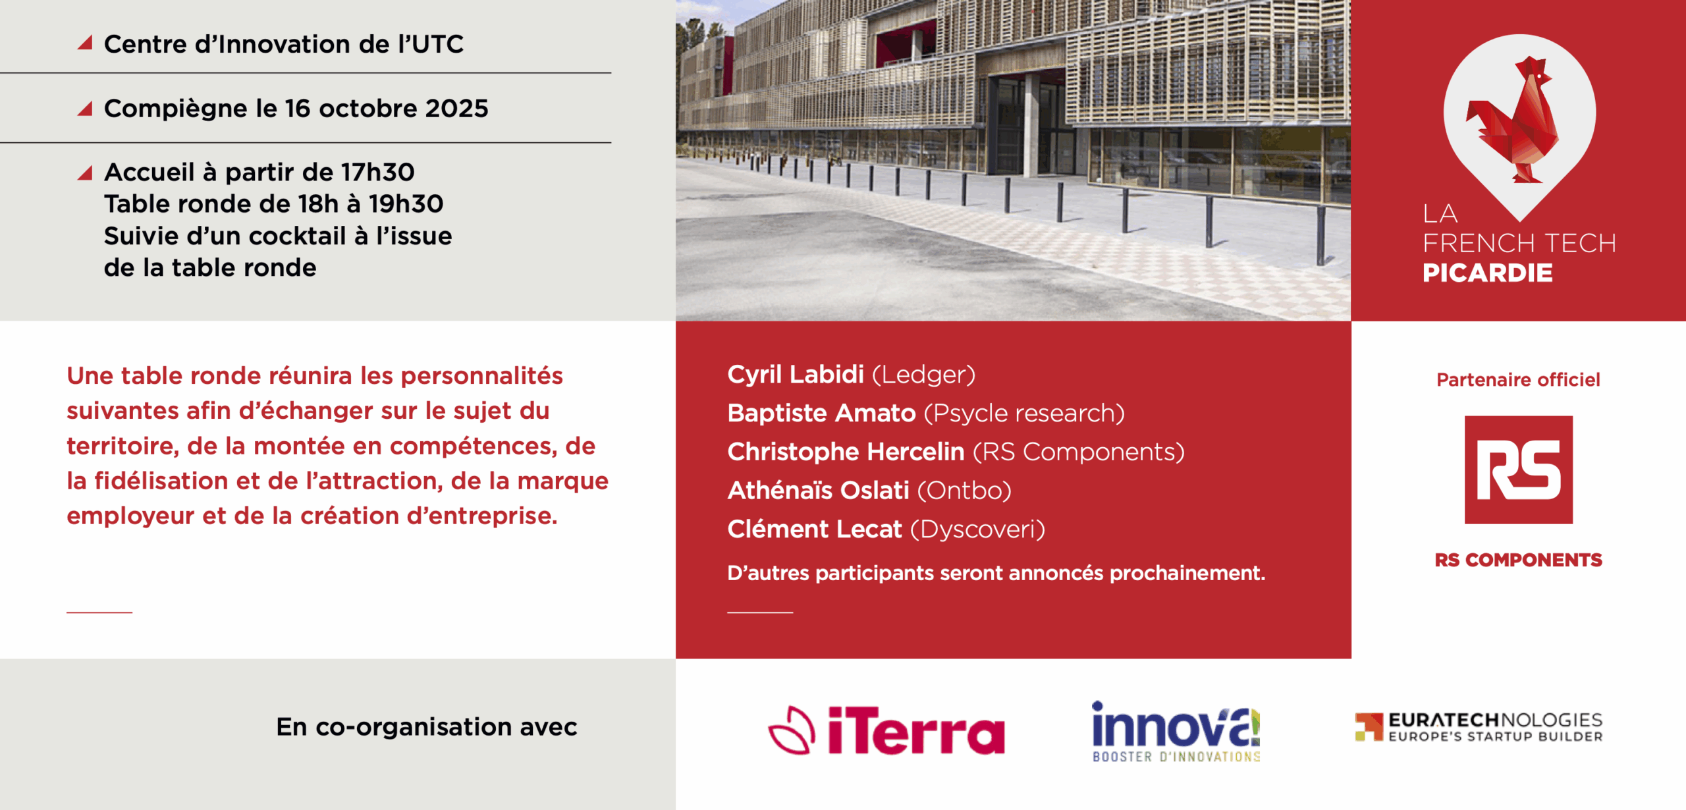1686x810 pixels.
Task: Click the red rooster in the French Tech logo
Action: tap(1515, 122)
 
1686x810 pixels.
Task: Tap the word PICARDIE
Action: tap(1487, 273)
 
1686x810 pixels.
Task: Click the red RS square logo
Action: tap(1518, 470)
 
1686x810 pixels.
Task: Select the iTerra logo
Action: tap(886, 730)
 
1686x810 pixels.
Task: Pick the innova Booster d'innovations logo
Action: tap(1176, 732)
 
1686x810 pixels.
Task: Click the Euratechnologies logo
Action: tap(1479, 727)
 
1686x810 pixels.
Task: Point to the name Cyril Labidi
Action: tap(795, 374)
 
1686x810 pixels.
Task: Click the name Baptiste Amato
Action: tap(821, 413)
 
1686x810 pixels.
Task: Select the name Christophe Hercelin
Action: tap(846, 452)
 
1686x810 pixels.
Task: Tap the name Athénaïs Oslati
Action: tap(818, 491)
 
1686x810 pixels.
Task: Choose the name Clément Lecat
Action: tap(814, 529)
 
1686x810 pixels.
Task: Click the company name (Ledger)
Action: tap(923, 375)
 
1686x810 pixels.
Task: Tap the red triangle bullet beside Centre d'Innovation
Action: tap(85, 42)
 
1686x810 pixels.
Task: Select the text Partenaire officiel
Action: tap(1518, 379)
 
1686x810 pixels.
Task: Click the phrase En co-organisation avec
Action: tap(427, 726)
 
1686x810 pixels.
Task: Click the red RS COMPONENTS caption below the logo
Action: tap(1518, 560)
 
